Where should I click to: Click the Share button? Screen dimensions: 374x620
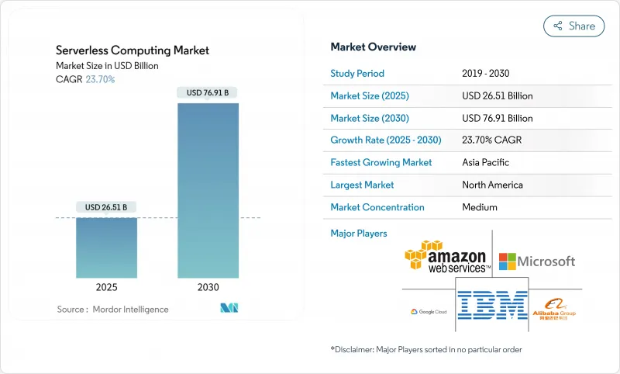click(574, 26)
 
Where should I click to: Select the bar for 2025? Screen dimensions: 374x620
click(106, 248)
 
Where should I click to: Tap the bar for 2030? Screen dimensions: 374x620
click(208, 190)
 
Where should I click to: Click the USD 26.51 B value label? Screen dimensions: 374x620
click(106, 207)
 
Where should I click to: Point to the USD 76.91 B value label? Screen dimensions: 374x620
click(208, 93)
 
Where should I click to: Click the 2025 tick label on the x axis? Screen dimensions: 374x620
click(106, 287)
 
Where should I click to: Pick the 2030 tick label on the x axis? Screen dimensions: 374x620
click(208, 287)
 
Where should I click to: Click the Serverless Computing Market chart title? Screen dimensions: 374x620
click(133, 50)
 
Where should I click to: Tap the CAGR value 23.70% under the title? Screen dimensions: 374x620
click(99, 79)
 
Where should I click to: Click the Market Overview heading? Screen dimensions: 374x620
click(373, 47)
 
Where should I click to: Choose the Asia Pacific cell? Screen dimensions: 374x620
click(486, 163)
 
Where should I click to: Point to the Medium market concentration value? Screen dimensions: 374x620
click(480, 207)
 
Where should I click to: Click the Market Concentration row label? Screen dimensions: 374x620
click(377, 207)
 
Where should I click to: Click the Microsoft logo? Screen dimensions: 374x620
click(536, 261)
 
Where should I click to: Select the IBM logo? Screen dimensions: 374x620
click(492, 306)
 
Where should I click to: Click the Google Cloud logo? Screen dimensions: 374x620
click(429, 311)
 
